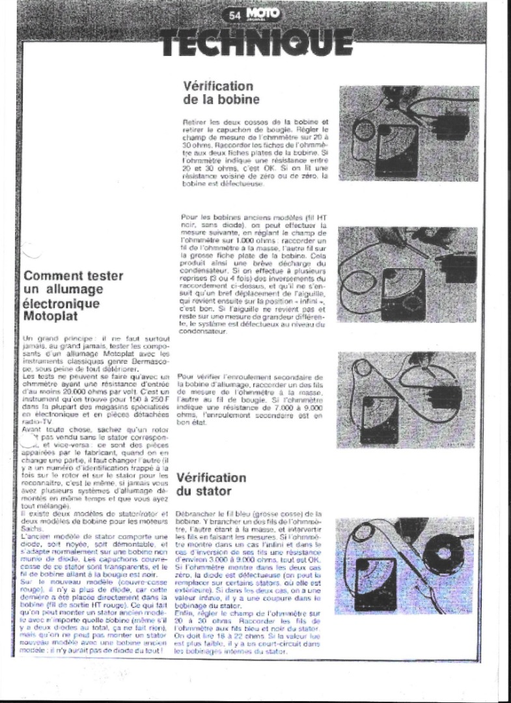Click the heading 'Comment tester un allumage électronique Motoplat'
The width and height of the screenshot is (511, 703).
73,296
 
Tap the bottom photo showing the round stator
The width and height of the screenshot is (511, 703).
404,565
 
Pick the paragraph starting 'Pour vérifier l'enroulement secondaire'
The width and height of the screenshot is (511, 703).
250,399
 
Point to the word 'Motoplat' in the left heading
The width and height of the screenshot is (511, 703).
52,317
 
